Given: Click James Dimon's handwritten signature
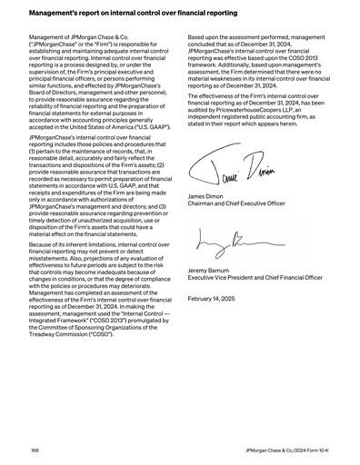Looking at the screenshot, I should pyautogui.click(x=226, y=167).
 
